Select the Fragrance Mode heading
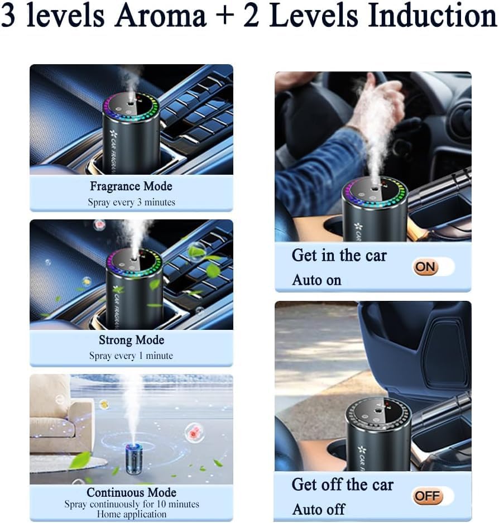coord(131,186)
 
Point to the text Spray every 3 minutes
coord(131,202)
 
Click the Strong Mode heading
coord(131,340)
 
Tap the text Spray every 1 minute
coord(131,356)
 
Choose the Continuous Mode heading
coord(131,492)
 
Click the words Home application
coord(131,514)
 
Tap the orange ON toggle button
coord(426,267)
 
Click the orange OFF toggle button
coord(427,496)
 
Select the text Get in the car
coord(339,256)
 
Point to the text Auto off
coord(318,509)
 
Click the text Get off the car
coord(342,484)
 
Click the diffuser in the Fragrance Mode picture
coord(131,131)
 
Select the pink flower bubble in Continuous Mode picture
coord(195,432)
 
